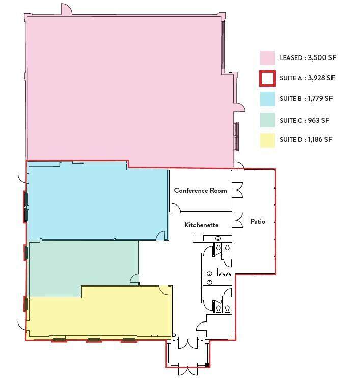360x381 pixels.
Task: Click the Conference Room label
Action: coord(201,190)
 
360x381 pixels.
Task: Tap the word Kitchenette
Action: coord(202,225)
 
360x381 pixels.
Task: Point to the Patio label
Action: coord(258,221)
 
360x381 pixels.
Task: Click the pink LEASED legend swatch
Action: coord(267,58)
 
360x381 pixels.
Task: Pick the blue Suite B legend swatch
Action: coord(267,99)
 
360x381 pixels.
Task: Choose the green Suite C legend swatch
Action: coord(267,120)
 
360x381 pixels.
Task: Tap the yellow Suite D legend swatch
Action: coord(267,140)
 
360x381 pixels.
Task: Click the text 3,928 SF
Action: coord(321,78)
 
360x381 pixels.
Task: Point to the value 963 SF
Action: coord(318,120)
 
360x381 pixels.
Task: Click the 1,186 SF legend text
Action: coord(320,139)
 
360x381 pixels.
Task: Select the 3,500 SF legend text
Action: coord(322,57)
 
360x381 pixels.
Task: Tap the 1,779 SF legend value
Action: coord(320,98)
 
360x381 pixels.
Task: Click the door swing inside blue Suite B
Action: coord(161,236)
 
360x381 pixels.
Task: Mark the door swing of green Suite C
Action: coord(134,279)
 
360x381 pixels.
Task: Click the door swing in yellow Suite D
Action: coord(163,290)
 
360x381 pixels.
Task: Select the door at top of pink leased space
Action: coord(67,9)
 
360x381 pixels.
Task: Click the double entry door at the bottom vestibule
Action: coord(187,371)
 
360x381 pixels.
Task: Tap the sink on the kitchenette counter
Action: coord(218,238)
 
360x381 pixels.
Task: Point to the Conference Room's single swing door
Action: coord(176,208)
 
